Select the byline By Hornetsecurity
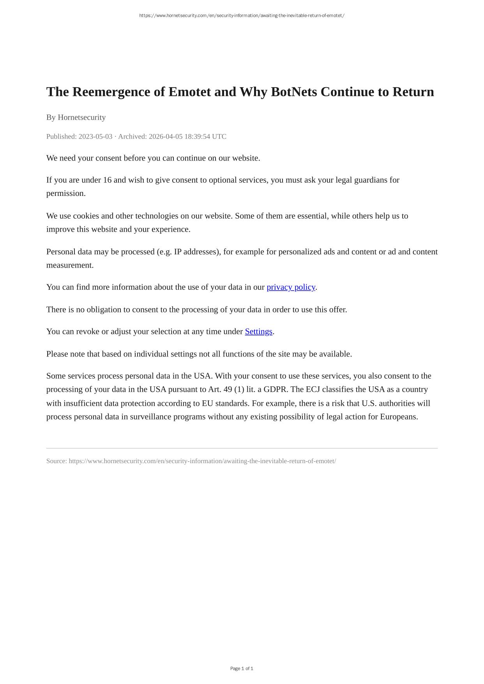(76, 117)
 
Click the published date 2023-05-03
(95, 136)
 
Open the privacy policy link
(291, 287)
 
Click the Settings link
(258, 331)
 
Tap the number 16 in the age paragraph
(107, 180)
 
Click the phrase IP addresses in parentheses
(195, 252)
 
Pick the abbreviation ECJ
(313, 390)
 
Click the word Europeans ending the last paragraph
(398, 417)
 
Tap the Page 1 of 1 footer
(242, 668)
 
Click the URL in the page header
(242, 16)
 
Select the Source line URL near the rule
(202, 461)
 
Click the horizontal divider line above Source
(242, 448)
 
